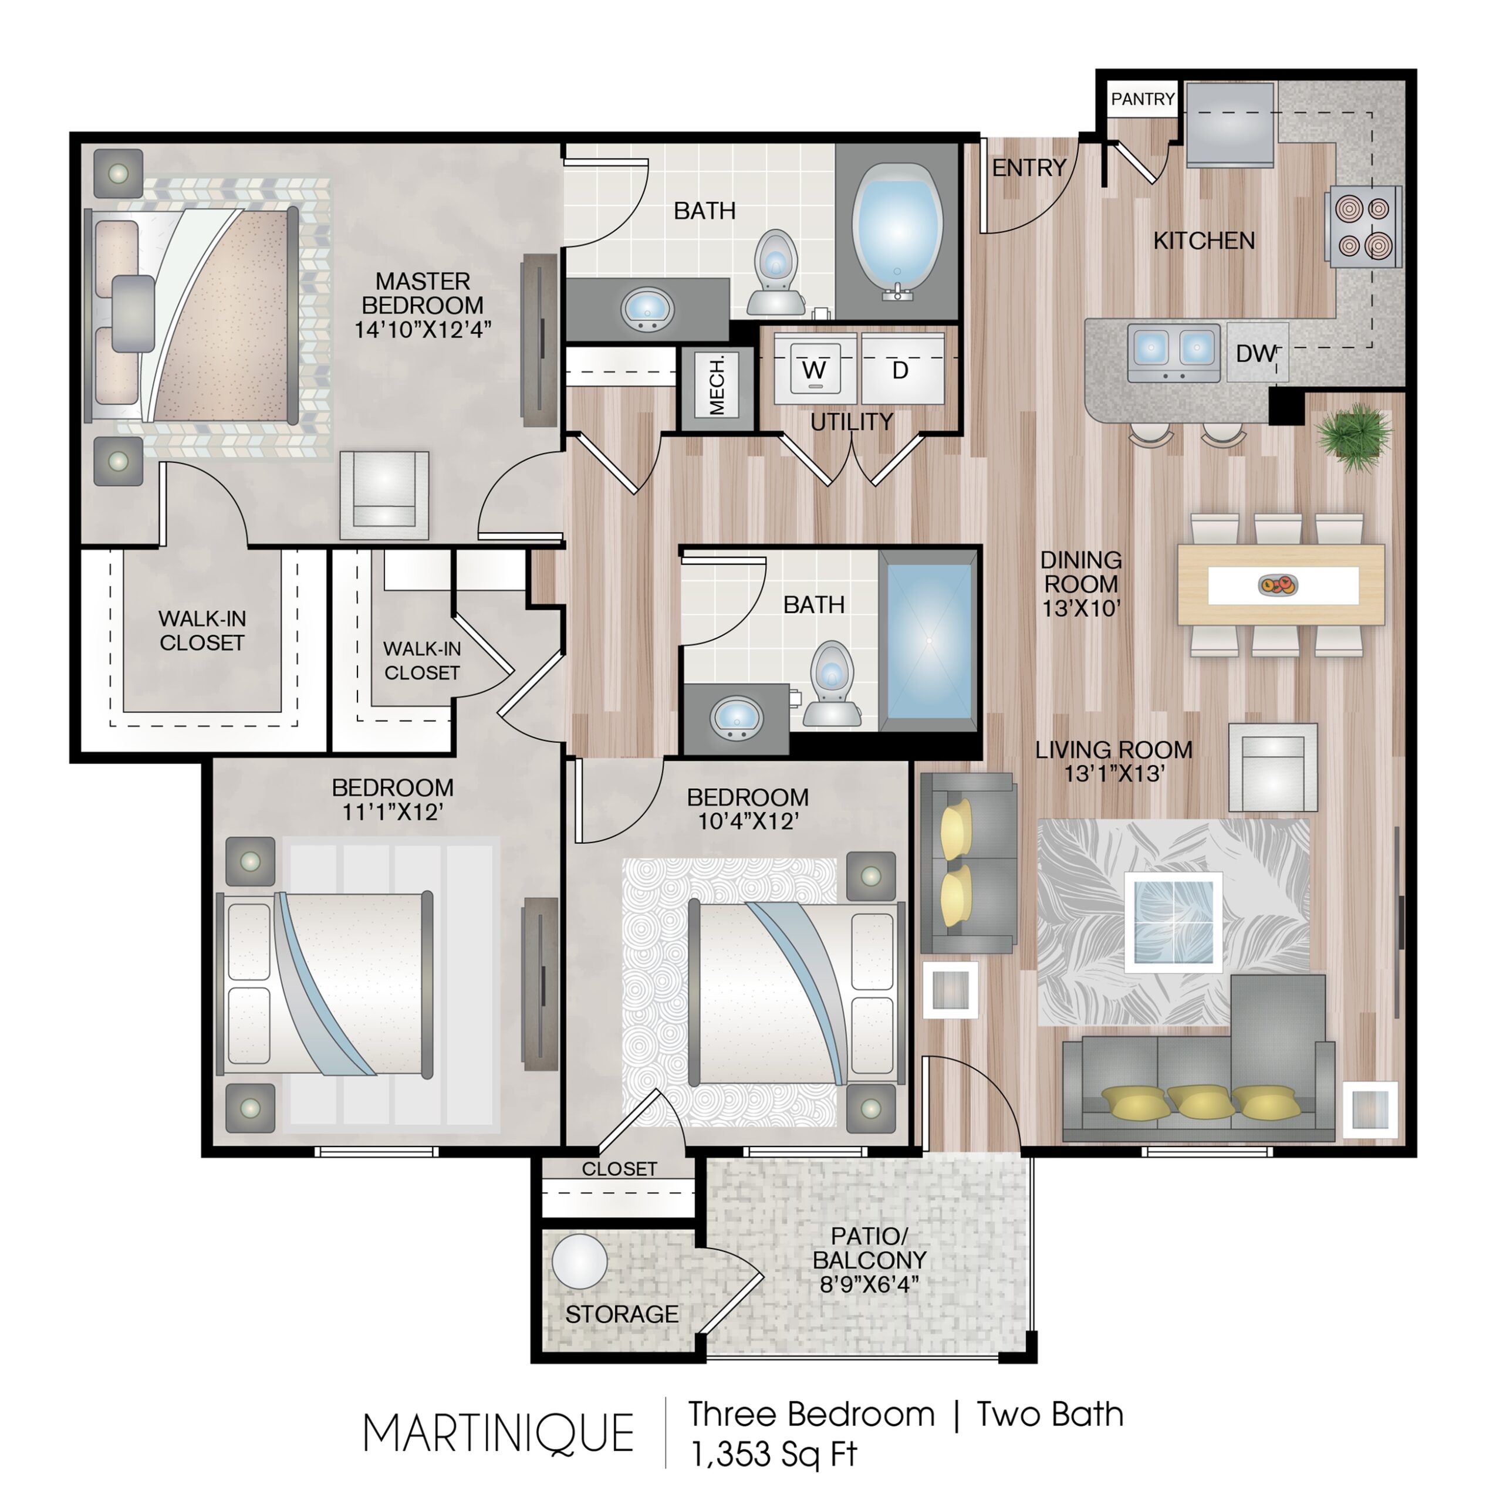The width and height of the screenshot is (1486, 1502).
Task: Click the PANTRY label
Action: click(x=1141, y=100)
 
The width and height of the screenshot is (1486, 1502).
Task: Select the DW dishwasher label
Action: click(x=1254, y=354)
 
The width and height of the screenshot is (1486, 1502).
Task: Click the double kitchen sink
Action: click(x=1173, y=354)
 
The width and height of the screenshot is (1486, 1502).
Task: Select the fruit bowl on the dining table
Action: click(x=1278, y=584)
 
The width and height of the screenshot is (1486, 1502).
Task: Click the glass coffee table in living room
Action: click(x=1172, y=922)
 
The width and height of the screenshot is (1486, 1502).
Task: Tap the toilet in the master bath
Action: click(x=775, y=273)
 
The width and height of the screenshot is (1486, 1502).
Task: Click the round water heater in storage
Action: click(x=579, y=1263)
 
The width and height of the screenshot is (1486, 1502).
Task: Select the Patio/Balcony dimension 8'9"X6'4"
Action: click(x=869, y=1284)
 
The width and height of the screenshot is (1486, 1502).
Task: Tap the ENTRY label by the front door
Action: click(x=1028, y=167)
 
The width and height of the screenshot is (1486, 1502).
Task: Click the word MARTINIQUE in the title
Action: click(x=498, y=1433)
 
